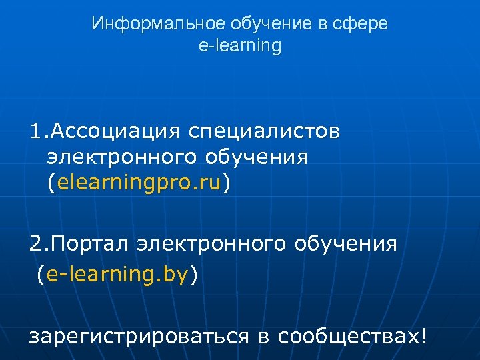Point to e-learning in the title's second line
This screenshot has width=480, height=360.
click(240, 46)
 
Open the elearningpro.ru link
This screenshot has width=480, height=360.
click(139, 183)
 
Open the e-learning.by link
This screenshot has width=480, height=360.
click(118, 274)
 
